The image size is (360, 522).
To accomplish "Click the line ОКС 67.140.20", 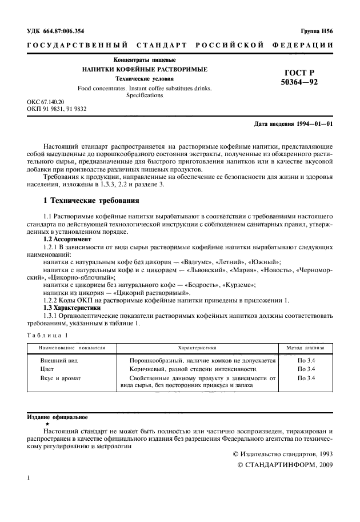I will point(47,100).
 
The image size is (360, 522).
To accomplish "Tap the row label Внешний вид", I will point(58,361).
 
